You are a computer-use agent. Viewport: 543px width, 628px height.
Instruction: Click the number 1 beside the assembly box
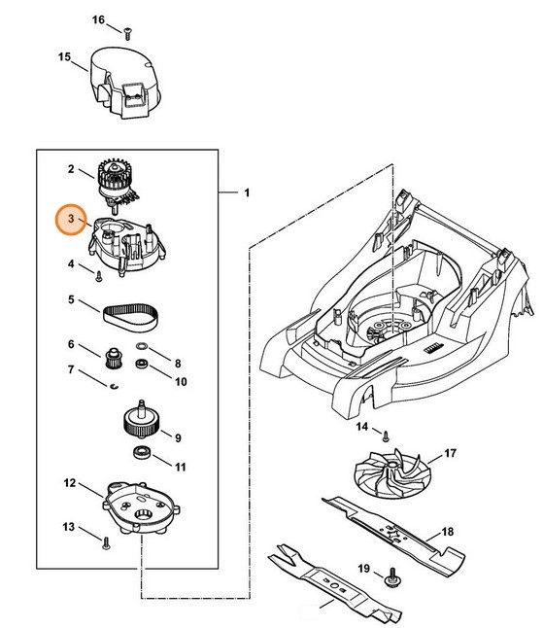246,193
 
